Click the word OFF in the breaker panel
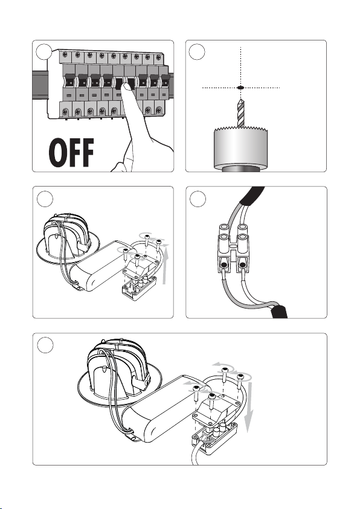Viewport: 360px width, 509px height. coord(72,152)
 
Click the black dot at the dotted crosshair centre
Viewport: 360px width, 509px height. coord(240,88)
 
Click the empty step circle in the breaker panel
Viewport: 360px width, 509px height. coord(44,51)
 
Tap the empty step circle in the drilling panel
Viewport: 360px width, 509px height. coord(197,52)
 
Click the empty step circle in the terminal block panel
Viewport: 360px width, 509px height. coord(198,199)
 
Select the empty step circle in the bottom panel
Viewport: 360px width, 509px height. coord(45,345)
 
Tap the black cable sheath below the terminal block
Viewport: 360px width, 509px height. coord(280,311)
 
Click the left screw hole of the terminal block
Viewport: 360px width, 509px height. coord(224,265)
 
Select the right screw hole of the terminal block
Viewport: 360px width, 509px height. coord(242,265)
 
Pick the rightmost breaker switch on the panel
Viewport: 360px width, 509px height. coord(166,80)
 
